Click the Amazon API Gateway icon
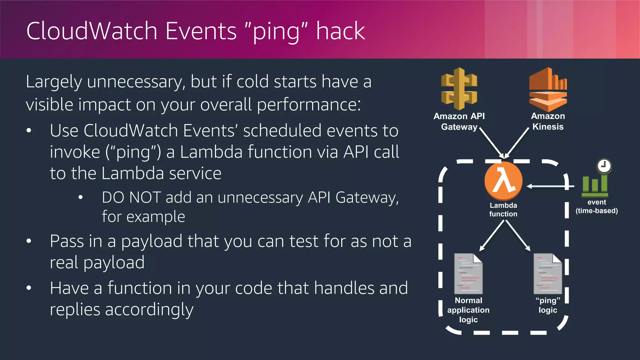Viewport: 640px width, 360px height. [459, 89]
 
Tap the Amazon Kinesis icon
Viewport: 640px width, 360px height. [548, 90]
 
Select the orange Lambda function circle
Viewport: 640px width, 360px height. [503, 181]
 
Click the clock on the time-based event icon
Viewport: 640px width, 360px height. [604, 166]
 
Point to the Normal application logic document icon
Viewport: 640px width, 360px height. [468, 274]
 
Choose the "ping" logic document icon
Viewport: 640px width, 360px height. [547, 274]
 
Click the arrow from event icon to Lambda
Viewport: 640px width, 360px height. [550, 186]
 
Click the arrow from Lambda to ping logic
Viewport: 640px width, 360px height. [517, 235]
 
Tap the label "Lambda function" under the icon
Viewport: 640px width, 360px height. [503, 210]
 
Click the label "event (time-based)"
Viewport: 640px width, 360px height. [597, 207]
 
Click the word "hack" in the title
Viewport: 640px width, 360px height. [340, 31]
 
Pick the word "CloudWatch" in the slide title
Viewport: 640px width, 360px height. [92, 31]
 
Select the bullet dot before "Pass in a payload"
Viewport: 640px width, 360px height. [29, 241]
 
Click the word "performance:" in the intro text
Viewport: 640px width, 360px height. [309, 104]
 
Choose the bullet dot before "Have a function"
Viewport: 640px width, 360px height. [29, 288]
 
